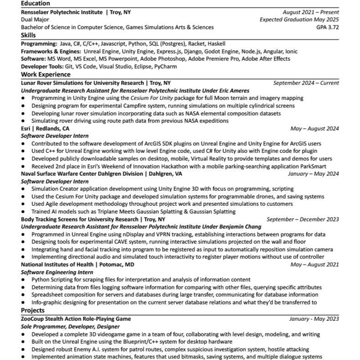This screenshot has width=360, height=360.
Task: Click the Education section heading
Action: (x=36, y=4)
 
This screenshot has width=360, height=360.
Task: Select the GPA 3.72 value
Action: (x=328, y=27)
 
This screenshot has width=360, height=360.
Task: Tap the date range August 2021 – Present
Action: (x=311, y=12)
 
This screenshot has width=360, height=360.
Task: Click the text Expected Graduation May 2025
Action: (x=299, y=20)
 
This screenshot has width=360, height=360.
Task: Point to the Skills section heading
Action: (x=28, y=35)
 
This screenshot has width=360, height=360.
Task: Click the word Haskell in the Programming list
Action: (x=216, y=44)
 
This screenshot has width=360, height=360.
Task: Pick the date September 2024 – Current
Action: (x=306, y=83)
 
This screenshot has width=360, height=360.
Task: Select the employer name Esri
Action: (x=26, y=129)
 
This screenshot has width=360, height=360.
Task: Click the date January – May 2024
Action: (x=313, y=174)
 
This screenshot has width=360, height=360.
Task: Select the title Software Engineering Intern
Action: (x=57, y=272)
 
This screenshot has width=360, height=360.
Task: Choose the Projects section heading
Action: (x=33, y=310)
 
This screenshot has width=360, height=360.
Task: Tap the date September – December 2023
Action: (x=303, y=219)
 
